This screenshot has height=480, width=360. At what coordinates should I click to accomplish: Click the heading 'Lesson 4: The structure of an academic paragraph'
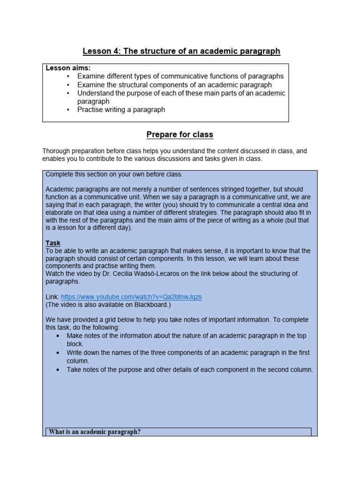(181, 51)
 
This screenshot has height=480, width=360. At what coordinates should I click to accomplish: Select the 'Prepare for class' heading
(180, 135)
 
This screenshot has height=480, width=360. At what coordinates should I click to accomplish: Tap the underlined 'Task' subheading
(53, 243)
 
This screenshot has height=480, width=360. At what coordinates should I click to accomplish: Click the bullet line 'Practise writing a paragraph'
(121, 110)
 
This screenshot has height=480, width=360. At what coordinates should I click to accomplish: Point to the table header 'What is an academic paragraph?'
(95, 432)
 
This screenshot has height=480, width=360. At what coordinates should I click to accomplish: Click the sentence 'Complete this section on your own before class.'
(114, 174)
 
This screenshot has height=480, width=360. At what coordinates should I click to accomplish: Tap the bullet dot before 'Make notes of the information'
(58, 336)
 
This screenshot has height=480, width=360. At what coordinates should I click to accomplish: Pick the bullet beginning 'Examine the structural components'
(174, 85)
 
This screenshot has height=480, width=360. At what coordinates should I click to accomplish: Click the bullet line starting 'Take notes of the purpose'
(189, 369)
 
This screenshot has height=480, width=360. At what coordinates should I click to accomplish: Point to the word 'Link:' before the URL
(52, 297)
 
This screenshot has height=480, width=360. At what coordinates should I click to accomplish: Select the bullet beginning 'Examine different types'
(180, 76)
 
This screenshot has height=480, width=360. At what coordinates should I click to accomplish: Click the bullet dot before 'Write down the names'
(58, 353)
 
